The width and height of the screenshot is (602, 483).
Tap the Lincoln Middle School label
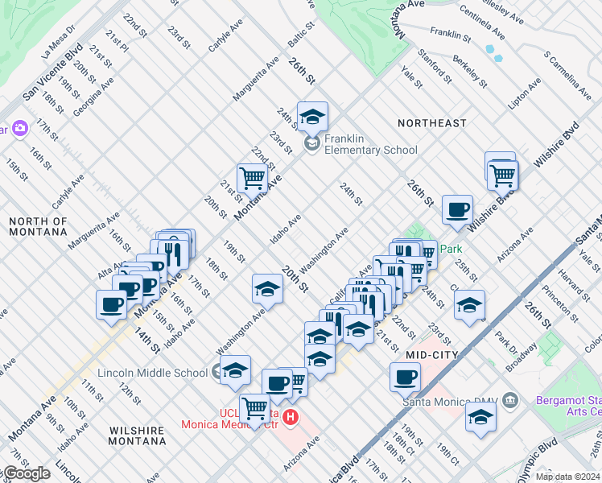pos(152,373)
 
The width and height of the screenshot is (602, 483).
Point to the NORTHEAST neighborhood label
pos(431,123)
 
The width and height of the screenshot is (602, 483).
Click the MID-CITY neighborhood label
pos(431,354)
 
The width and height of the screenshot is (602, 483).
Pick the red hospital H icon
pos(291,419)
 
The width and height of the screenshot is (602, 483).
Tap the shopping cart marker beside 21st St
pos(252,178)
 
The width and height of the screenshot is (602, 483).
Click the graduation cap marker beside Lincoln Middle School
pos(236,370)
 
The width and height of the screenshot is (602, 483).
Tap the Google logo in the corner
pos(26,473)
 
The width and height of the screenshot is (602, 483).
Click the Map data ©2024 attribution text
pos(567,477)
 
